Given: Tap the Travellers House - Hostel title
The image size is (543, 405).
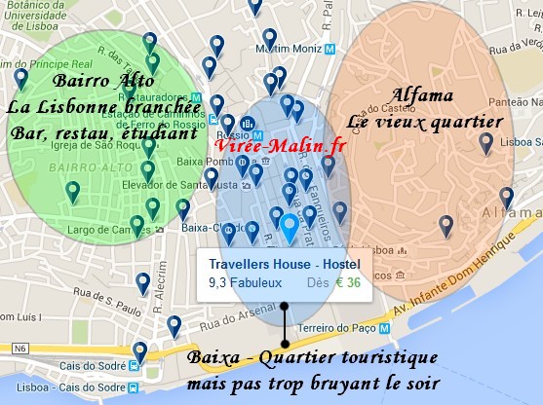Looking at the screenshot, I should coord(284,264).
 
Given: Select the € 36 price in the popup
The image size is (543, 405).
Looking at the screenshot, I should coord(348,283).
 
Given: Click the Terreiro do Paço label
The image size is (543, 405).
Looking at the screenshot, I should coord(330,331).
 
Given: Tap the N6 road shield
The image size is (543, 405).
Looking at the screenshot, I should coord(19,348).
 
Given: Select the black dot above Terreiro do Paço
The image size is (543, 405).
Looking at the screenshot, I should coord(284,306).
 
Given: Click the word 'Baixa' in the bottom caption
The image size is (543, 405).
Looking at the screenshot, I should coord(215,357).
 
